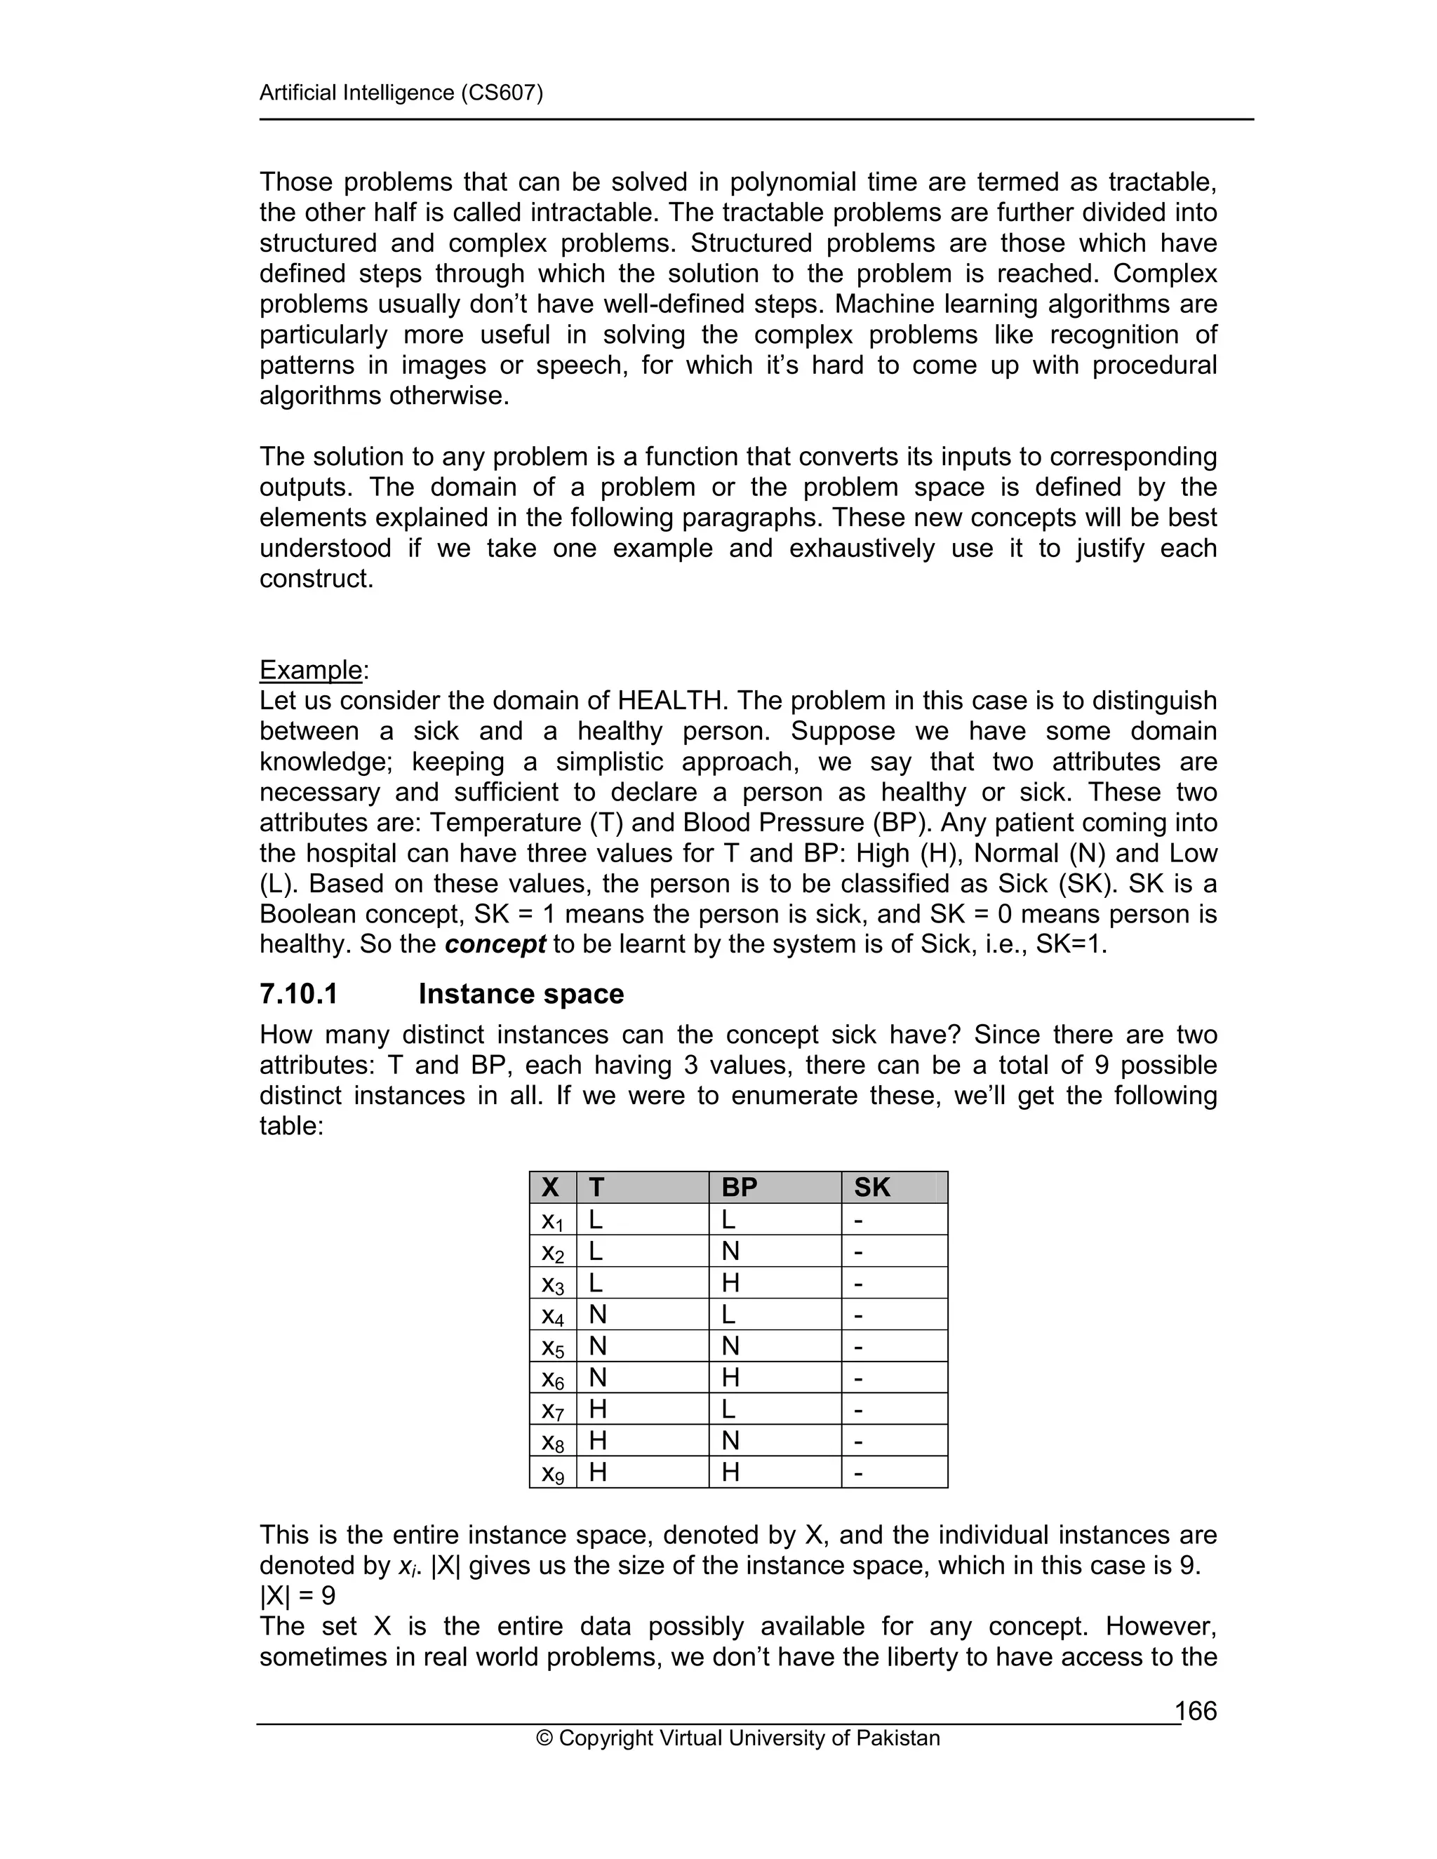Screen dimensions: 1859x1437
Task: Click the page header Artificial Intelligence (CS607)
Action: (401, 92)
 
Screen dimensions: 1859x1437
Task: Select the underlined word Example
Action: (311, 670)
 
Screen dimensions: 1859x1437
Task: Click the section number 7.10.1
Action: (299, 993)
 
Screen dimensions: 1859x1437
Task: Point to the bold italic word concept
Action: (495, 944)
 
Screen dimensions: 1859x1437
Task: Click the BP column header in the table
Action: (739, 1186)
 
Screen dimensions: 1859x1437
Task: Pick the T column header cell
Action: (597, 1186)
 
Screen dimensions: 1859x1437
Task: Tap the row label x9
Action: (552, 1473)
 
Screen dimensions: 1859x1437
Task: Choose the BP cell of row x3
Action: (730, 1283)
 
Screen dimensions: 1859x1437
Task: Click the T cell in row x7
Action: (598, 1409)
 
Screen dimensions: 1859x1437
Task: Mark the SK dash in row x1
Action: (858, 1221)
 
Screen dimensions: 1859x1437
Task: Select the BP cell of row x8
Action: (730, 1441)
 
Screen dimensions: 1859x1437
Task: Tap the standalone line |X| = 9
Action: (297, 1595)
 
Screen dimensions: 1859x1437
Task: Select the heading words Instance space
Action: (521, 993)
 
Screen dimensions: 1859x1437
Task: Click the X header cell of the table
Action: (551, 1186)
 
